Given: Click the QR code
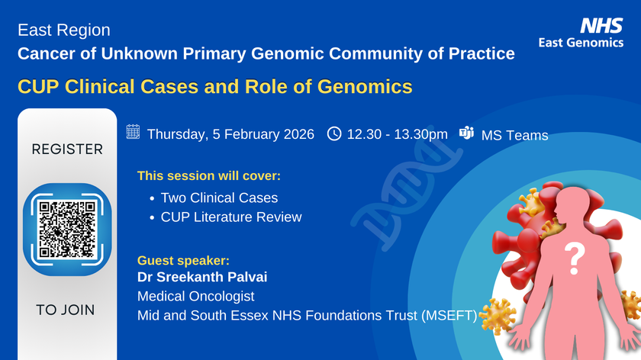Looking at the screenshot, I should coord(67,230).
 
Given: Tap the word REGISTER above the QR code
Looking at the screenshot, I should coord(67,149).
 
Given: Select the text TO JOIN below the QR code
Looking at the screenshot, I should coord(66,310).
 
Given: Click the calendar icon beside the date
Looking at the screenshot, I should coord(133,133).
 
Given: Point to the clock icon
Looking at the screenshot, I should coord(334,133).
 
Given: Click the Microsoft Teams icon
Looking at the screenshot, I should coord(466,133).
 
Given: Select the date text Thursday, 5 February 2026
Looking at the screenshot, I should coord(230,134).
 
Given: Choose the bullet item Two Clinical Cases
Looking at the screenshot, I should coord(219,198).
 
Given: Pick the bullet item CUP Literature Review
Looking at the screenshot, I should coord(230,217).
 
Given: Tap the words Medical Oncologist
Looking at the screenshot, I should coord(195,295).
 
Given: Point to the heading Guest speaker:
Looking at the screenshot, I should coord(182,260).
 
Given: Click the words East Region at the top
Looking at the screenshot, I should coord(64,31).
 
